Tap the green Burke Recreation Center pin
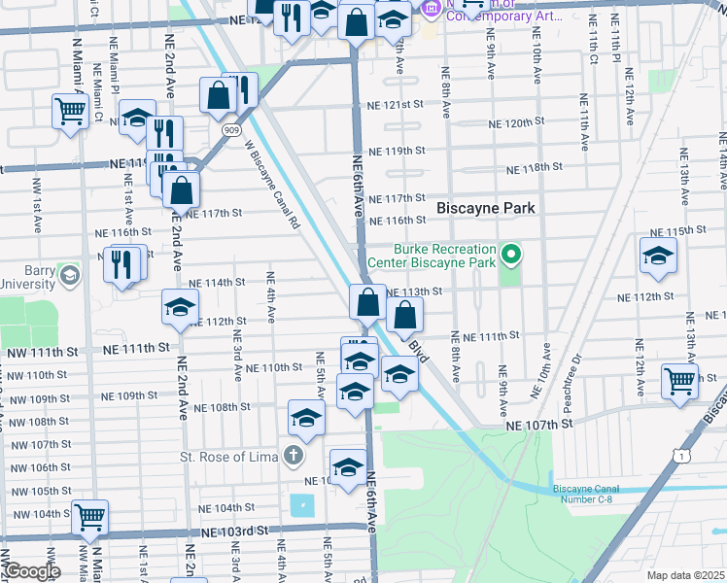pos(512,257)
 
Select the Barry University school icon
pos(68,277)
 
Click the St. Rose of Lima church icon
pos(293,456)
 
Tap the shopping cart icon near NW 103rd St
pos(89,517)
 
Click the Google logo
pos(31,571)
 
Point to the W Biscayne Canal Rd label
pos(271,184)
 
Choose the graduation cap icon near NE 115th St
pos(658,257)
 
